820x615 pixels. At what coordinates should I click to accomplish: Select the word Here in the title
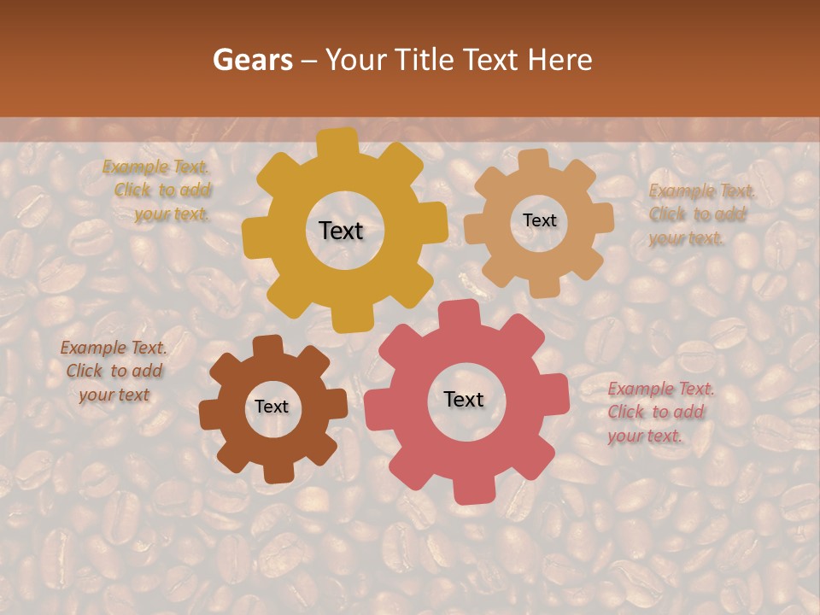tap(559, 60)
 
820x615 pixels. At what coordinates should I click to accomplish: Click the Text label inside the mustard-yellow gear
tap(341, 231)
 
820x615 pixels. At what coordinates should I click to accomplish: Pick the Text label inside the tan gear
tap(539, 220)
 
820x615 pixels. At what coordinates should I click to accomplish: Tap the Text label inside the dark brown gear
tap(272, 407)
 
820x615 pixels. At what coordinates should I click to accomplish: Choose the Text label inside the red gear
tap(464, 400)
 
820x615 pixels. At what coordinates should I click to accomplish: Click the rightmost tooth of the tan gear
tap(602, 218)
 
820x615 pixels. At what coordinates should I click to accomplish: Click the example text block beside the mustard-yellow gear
tap(161, 190)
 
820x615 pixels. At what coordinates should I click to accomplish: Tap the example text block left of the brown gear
tap(114, 372)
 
